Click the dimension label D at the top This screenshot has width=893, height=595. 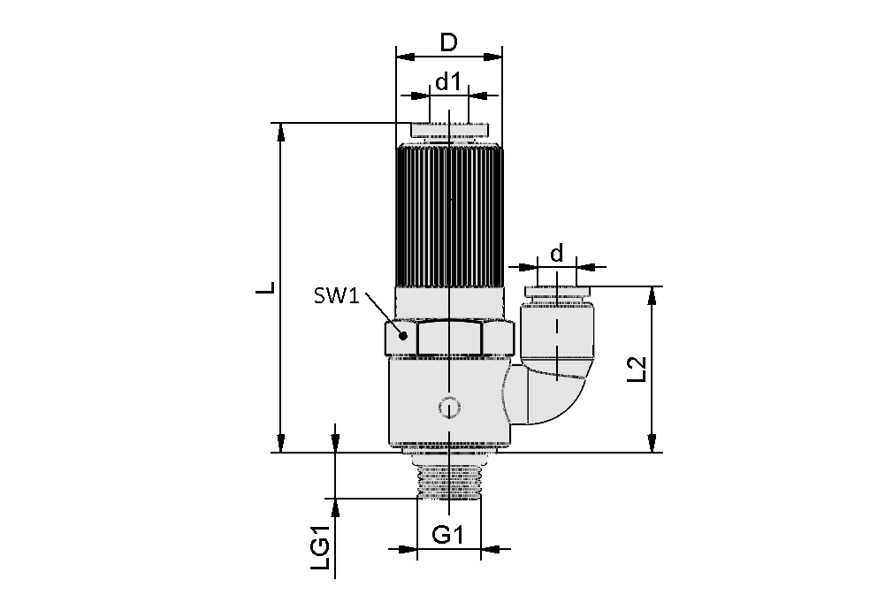(x=449, y=42)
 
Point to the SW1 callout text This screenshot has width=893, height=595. (x=335, y=295)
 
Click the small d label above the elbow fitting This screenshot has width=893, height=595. (x=556, y=255)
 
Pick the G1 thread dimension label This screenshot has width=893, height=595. (x=448, y=534)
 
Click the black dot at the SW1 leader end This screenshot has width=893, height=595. (x=402, y=335)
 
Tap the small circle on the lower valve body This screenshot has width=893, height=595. (x=449, y=408)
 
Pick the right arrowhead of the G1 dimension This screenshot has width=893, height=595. (x=491, y=550)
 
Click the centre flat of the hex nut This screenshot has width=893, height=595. (x=449, y=338)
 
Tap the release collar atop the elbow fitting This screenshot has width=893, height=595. (x=557, y=293)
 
